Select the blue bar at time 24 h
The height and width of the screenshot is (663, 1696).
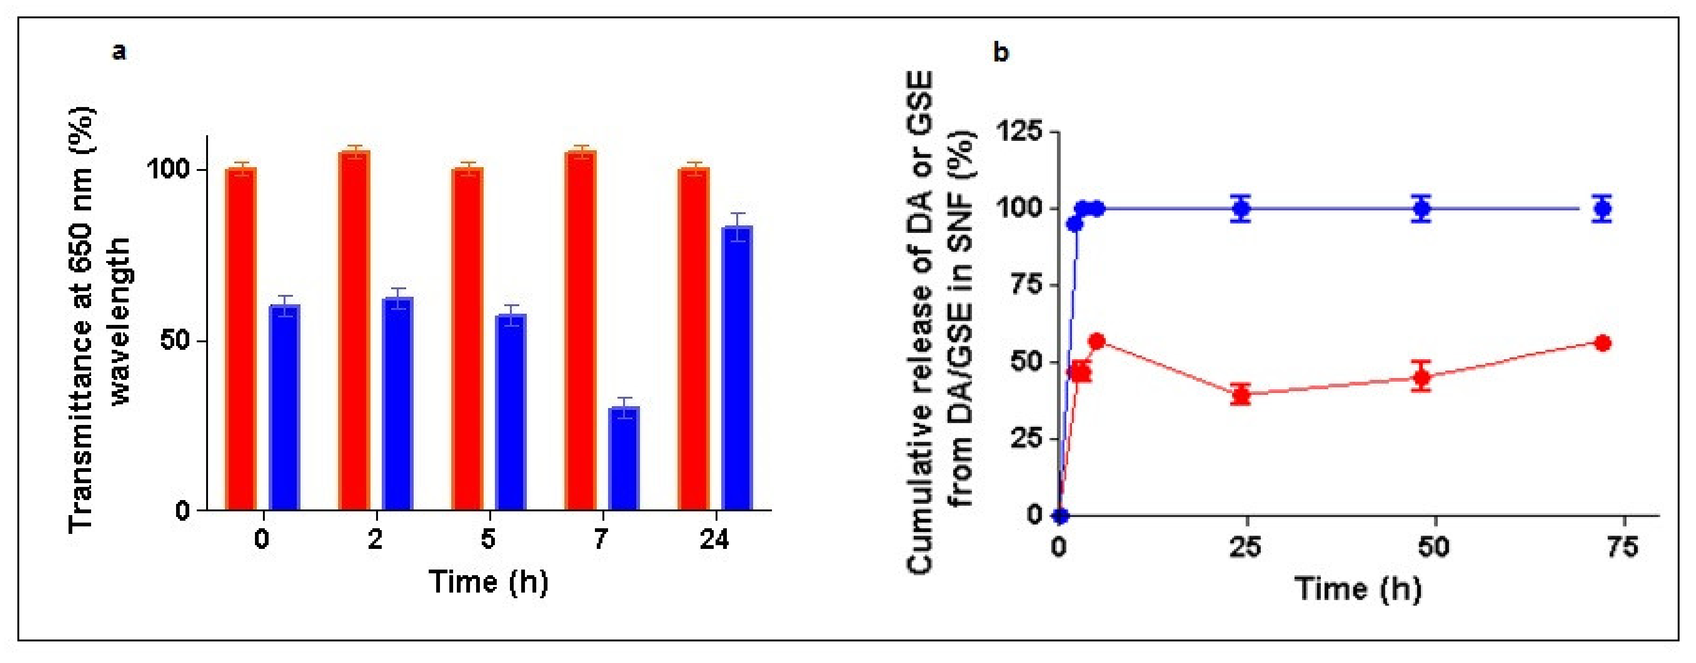(x=737, y=369)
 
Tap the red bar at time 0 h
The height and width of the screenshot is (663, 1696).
(x=240, y=339)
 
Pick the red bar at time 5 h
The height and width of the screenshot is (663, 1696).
(x=468, y=339)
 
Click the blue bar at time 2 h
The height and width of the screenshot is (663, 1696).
(x=397, y=404)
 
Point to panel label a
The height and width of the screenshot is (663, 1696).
(x=119, y=51)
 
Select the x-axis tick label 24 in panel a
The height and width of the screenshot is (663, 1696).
(x=714, y=540)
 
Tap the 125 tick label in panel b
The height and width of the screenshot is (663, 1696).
(x=1020, y=131)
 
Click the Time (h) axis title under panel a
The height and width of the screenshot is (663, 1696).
(x=488, y=582)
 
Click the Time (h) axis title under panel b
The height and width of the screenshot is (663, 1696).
(x=1357, y=588)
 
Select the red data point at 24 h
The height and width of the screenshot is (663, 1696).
(x=1241, y=395)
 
